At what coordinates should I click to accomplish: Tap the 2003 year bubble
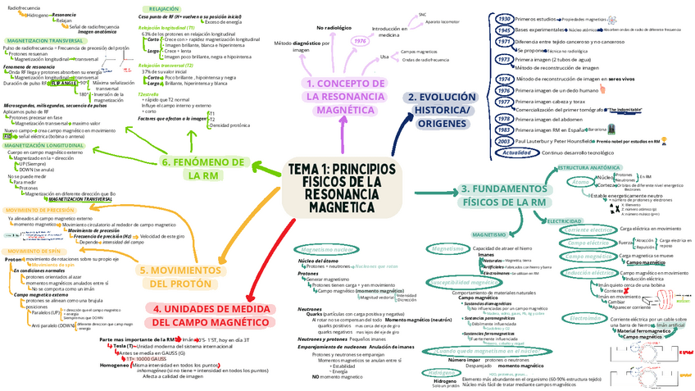pyautogui.click(x=504, y=141)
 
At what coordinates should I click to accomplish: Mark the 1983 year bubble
pyautogui.click(x=504, y=130)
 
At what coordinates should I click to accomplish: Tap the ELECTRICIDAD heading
pyautogui.click(x=565, y=221)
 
